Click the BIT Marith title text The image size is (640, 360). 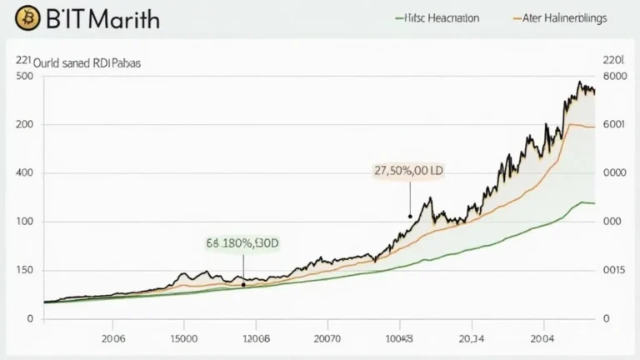click(x=93, y=18)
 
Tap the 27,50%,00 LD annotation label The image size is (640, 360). click(x=408, y=170)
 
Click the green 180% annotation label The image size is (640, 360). click(x=242, y=244)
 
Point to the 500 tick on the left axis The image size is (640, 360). click(x=24, y=77)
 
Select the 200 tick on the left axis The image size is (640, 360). click(x=24, y=125)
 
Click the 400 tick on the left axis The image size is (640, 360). click(x=24, y=173)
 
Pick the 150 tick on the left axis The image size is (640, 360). click(x=24, y=270)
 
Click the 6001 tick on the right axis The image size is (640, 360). click(x=613, y=125)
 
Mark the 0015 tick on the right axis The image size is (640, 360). click(x=613, y=270)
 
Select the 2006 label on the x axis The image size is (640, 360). click(x=114, y=339)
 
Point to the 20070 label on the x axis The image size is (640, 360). click(x=327, y=339)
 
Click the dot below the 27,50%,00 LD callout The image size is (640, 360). click(x=410, y=216)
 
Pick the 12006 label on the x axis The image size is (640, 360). click(x=256, y=339)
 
